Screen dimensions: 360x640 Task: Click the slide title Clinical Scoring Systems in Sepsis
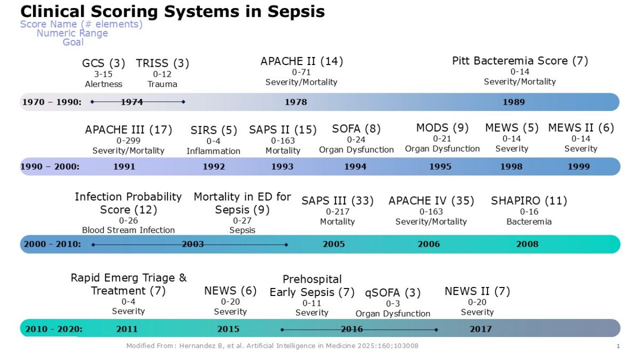click(172, 11)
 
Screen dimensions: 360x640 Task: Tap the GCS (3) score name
click(103, 63)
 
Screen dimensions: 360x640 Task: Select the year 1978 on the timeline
click(295, 102)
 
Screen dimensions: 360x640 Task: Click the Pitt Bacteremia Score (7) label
click(519, 61)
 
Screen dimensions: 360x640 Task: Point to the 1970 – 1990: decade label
click(52, 102)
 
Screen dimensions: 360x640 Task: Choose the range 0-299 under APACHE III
click(128, 140)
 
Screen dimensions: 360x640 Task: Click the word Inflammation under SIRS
click(213, 151)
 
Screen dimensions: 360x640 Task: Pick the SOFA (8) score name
click(356, 129)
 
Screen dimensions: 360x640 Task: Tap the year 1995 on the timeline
click(440, 166)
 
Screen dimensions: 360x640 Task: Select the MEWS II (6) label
click(581, 128)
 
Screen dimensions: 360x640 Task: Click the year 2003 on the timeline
click(193, 244)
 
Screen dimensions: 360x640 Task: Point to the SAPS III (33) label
click(337, 201)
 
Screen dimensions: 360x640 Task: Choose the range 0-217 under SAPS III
click(337, 212)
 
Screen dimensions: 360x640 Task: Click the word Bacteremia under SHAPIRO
click(529, 221)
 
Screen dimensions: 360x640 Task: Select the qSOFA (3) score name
click(393, 293)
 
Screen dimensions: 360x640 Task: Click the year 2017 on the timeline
click(480, 329)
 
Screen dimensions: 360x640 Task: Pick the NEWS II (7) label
click(477, 291)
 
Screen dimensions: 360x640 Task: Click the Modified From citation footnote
click(272, 346)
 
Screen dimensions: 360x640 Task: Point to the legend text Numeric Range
click(72, 33)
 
